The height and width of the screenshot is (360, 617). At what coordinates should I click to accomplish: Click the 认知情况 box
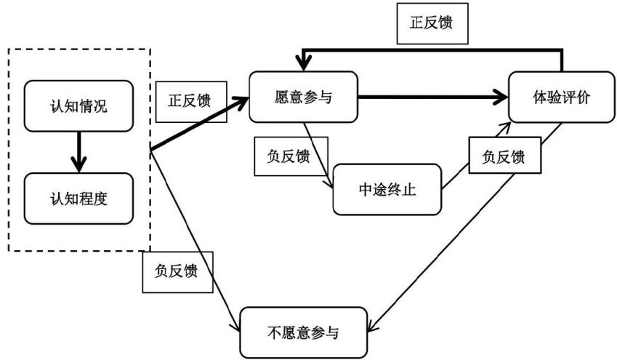click(x=78, y=106)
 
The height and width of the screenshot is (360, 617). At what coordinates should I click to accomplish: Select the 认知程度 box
click(x=78, y=198)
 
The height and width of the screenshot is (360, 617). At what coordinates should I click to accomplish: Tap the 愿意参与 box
click(x=304, y=96)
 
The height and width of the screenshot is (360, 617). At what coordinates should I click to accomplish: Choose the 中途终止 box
click(x=388, y=189)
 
